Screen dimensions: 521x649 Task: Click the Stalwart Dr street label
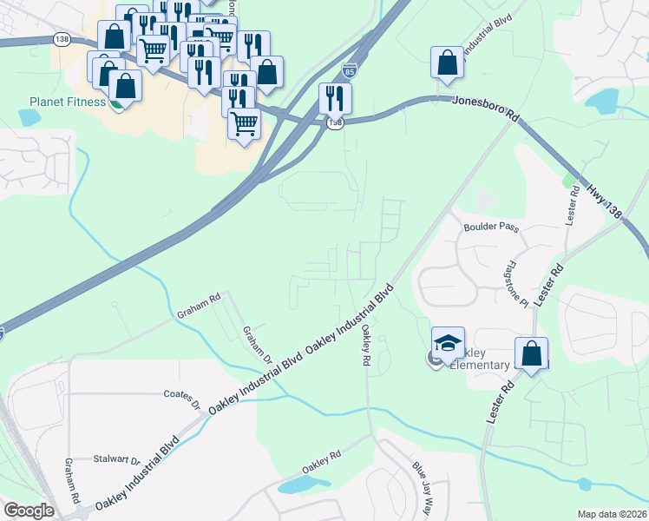point(117,458)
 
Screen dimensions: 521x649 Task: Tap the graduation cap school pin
point(448,345)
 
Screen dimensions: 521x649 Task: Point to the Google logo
point(29,511)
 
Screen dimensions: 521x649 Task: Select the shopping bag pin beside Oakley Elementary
point(531,354)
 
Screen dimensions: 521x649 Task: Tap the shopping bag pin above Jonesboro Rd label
point(447,63)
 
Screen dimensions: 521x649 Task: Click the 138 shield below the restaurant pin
point(335,124)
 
